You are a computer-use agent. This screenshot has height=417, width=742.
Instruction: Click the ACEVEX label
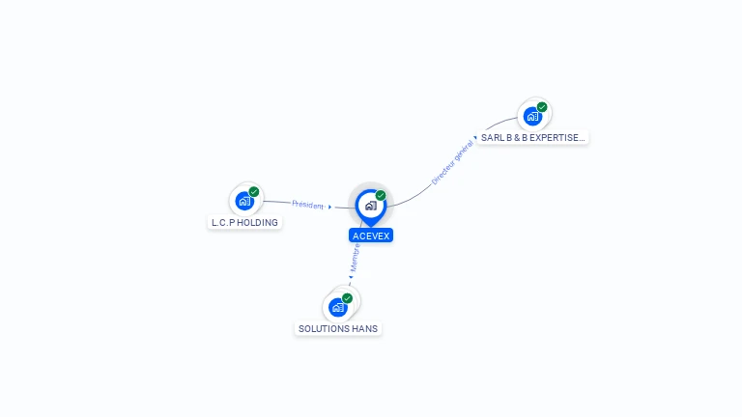pyautogui.click(x=371, y=236)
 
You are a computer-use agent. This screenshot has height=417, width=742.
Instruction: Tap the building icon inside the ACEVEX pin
pyautogui.click(x=370, y=206)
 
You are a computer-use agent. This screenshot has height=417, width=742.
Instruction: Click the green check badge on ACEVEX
pyautogui.click(x=381, y=196)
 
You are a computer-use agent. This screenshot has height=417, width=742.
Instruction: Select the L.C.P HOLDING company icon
pyautogui.click(x=243, y=201)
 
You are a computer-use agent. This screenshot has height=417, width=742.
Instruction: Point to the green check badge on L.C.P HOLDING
pyautogui.click(x=254, y=192)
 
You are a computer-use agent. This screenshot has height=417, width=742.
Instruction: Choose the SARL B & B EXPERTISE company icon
pyautogui.click(x=531, y=117)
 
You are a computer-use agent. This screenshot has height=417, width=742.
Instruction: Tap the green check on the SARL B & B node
pyautogui.click(x=542, y=107)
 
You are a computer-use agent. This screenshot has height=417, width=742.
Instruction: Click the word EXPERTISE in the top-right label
pyautogui.click(x=555, y=138)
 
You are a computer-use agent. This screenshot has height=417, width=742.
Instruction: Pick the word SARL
pyautogui.click(x=492, y=138)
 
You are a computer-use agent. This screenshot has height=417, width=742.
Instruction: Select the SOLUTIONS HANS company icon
pyautogui.click(x=337, y=307)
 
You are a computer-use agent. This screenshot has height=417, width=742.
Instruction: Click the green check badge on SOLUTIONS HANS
pyautogui.click(x=347, y=298)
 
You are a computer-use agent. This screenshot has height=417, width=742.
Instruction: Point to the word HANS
pyautogui.click(x=365, y=329)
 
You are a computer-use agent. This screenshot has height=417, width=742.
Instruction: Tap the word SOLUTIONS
pyautogui.click(x=324, y=329)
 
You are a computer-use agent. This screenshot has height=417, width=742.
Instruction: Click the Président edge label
pyautogui.click(x=308, y=205)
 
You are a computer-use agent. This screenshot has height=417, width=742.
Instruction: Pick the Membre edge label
pyautogui.click(x=356, y=256)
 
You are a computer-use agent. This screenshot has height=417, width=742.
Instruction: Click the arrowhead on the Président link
pyautogui.click(x=329, y=207)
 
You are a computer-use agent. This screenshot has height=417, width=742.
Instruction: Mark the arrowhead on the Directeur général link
pyautogui.click(x=475, y=138)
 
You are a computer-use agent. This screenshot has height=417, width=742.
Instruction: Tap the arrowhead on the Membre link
pyautogui.click(x=351, y=278)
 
